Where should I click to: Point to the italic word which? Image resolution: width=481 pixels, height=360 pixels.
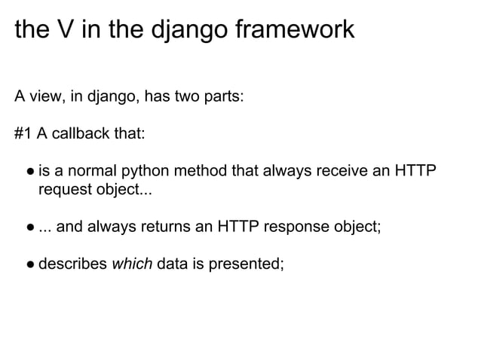pos(132,265)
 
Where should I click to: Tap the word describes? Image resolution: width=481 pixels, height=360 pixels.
pos(71,265)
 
